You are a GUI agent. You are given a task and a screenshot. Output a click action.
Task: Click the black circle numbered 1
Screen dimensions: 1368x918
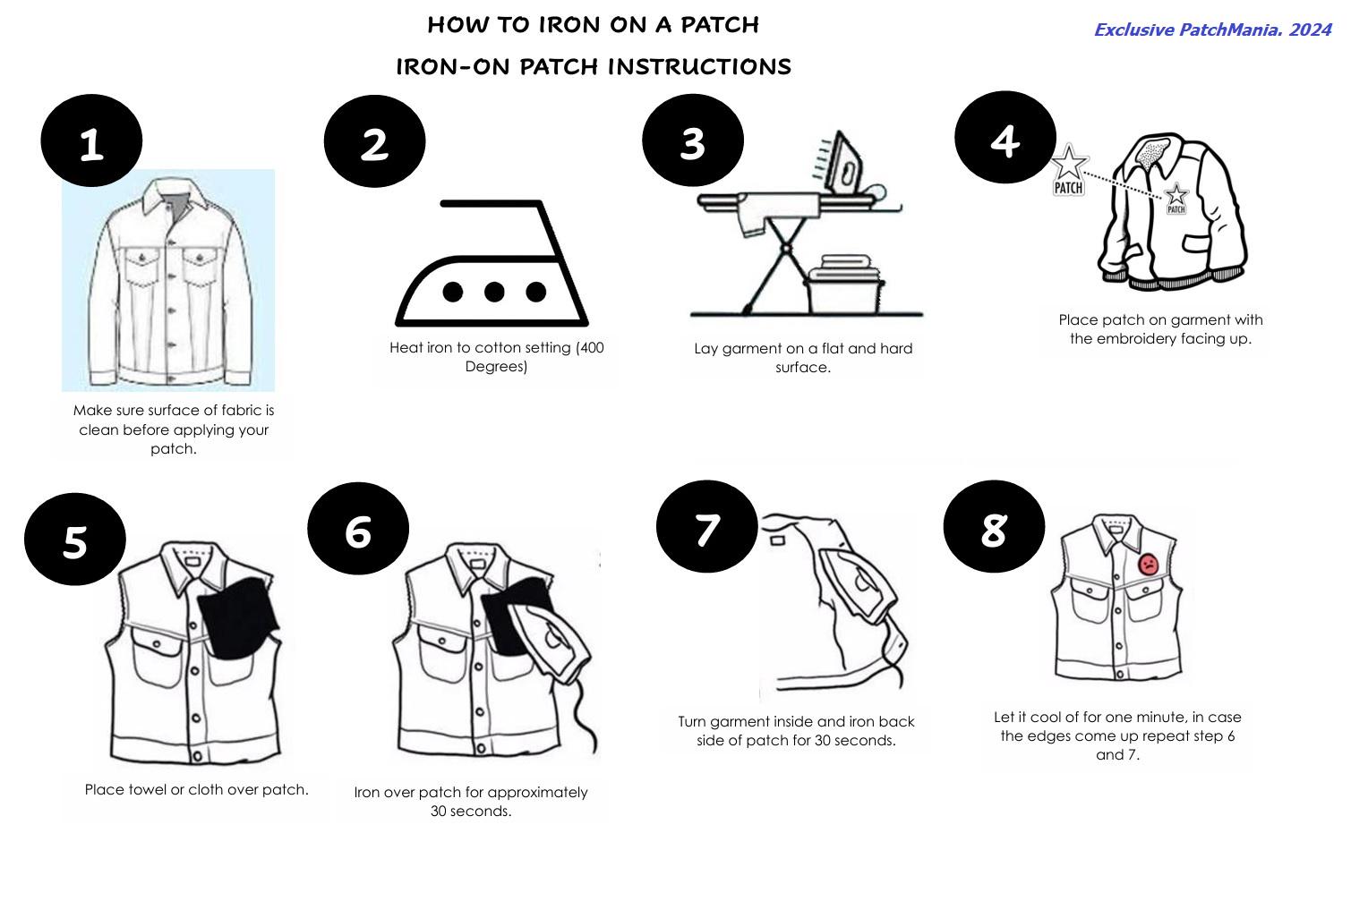point(91,140)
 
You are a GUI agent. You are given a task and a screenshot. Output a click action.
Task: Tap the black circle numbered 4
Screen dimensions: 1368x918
point(1005,137)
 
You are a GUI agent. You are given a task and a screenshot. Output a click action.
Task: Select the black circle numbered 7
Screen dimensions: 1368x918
point(707,526)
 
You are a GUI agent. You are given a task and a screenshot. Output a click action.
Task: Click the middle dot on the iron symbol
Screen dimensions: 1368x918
point(494,292)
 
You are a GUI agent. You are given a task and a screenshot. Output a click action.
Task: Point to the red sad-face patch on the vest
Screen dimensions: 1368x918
point(1148,564)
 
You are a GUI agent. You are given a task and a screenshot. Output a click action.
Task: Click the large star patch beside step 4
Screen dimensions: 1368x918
point(1069,170)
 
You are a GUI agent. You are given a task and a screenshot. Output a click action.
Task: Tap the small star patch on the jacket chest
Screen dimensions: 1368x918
point(1176,199)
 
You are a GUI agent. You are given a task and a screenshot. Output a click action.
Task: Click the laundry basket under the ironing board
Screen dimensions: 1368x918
point(843,285)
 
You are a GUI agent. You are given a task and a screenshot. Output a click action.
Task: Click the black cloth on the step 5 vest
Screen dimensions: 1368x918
point(239,616)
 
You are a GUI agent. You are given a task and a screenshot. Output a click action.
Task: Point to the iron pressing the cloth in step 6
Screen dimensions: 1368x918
point(550,641)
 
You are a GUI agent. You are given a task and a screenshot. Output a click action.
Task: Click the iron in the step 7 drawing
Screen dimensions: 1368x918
point(858,586)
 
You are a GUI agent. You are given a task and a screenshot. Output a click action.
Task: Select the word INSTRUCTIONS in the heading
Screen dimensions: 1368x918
point(699,66)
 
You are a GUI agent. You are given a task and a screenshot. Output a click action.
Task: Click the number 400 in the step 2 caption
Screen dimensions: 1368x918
point(591,347)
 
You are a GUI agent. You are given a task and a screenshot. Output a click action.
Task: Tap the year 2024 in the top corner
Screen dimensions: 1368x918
point(1310,30)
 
